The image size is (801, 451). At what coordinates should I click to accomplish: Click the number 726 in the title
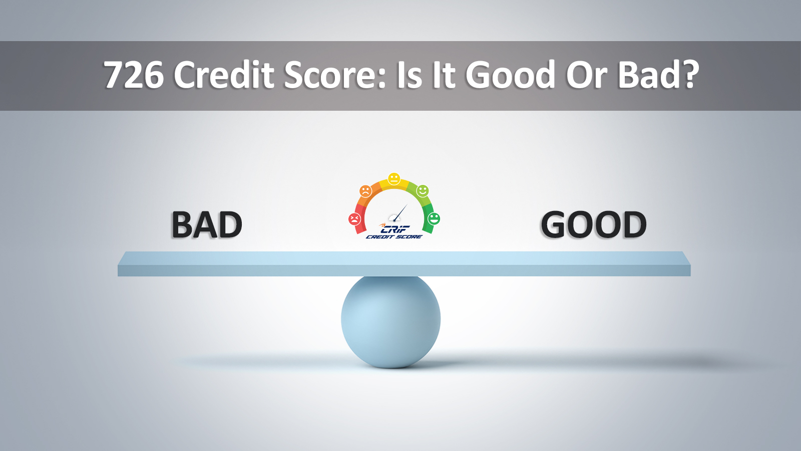point(134,75)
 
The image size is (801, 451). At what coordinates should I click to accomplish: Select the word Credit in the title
point(224,75)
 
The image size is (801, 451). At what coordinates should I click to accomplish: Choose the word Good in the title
point(510,75)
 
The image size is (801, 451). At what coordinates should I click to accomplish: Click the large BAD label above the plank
point(207,225)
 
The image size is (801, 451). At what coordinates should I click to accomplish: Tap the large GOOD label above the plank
point(594,225)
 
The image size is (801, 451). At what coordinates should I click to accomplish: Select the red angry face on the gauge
point(354,219)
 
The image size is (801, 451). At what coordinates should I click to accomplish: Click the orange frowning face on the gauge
point(365,191)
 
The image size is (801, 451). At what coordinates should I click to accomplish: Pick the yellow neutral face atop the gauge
point(394,179)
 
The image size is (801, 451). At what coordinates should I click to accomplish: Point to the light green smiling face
point(423,191)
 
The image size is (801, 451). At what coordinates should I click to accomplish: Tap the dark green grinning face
point(434,218)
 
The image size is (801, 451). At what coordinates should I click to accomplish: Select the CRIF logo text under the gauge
point(395,229)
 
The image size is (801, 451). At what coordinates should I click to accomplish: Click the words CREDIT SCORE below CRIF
point(394,237)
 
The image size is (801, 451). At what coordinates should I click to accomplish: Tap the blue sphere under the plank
point(390,321)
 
